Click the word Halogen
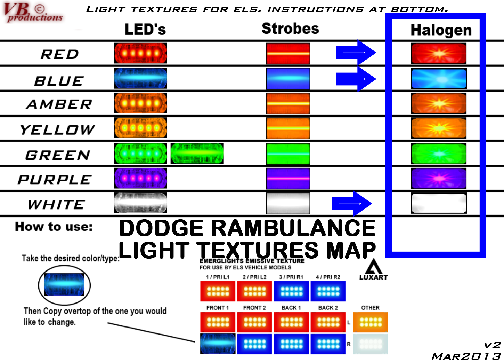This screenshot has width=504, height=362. pos(441,30)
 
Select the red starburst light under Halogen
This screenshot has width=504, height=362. pos(439,53)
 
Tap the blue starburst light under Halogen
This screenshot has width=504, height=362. pos(439,79)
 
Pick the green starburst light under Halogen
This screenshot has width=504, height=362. pos(439,154)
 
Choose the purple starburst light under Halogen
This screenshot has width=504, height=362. pos(439,178)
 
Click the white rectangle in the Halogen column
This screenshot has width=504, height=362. pos(439,203)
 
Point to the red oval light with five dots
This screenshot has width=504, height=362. pos(141,53)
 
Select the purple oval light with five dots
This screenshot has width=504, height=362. pos(141,178)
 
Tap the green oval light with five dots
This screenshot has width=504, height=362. pos(141,153)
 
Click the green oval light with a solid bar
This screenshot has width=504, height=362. pos(197,153)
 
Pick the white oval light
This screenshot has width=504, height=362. pos(141,203)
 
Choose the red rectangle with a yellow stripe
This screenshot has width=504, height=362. pos(288,54)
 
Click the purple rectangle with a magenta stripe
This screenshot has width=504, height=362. pos(288,179)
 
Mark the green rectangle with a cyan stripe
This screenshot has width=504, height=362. pos(288,154)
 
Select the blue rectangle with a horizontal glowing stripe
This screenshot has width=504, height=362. pos(288,79)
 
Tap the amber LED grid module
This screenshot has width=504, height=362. pos(370,322)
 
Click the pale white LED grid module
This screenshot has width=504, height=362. pos(370,344)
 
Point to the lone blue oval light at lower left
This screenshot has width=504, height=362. pos(64,284)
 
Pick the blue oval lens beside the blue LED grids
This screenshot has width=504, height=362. pos(218,344)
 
